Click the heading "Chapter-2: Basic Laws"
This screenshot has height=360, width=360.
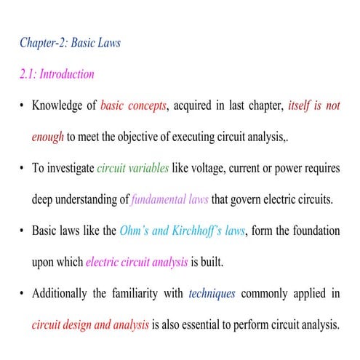coord(70,42)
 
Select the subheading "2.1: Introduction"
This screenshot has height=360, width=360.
coord(57,74)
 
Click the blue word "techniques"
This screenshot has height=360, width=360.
coord(212,293)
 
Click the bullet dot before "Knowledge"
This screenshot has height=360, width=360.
coord(23,106)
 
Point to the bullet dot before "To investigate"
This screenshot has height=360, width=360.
coord(23,169)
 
